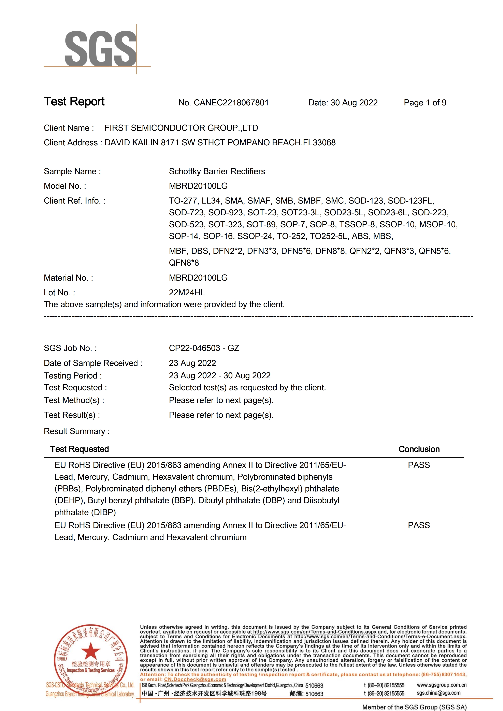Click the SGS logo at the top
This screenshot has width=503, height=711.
point(100,49)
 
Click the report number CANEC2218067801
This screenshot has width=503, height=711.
point(231,103)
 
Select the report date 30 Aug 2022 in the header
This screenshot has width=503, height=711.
point(354,103)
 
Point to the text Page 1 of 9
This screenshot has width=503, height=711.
point(425,103)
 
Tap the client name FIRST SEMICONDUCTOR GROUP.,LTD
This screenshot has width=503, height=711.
point(181,128)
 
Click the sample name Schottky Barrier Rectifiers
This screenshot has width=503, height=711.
point(217,171)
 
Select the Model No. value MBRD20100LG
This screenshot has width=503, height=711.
point(198,186)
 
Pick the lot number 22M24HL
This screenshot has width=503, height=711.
point(187,292)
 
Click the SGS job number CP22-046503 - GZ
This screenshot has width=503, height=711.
point(204,348)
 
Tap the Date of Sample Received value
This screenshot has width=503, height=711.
point(192,363)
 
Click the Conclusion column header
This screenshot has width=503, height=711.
point(419,449)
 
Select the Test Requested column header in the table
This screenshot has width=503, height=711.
point(80,449)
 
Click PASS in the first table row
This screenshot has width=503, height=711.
point(419,465)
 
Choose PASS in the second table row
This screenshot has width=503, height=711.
point(419,525)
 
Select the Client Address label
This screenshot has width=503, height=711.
point(71,143)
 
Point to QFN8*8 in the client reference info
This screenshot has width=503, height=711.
point(184,263)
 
